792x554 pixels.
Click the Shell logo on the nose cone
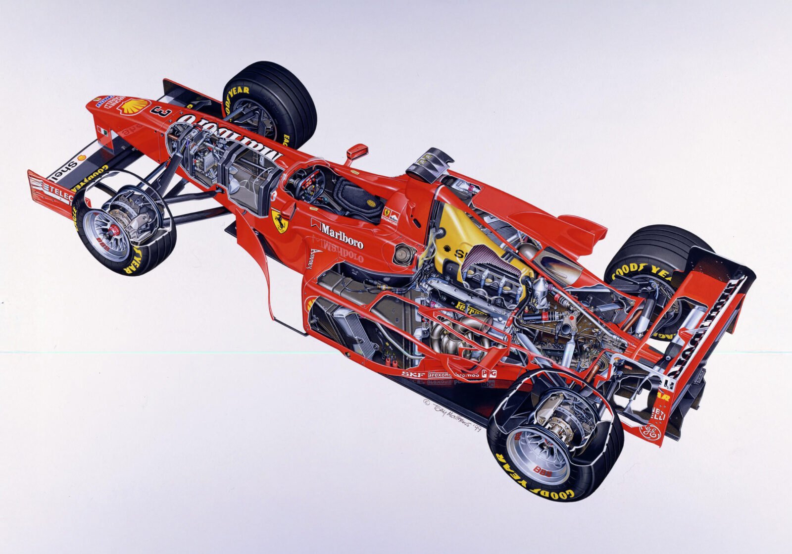(x=136, y=105)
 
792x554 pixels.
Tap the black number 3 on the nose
(x=164, y=112)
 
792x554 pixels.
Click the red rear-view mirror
(x=357, y=151)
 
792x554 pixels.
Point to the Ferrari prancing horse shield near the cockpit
(x=280, y=221)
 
